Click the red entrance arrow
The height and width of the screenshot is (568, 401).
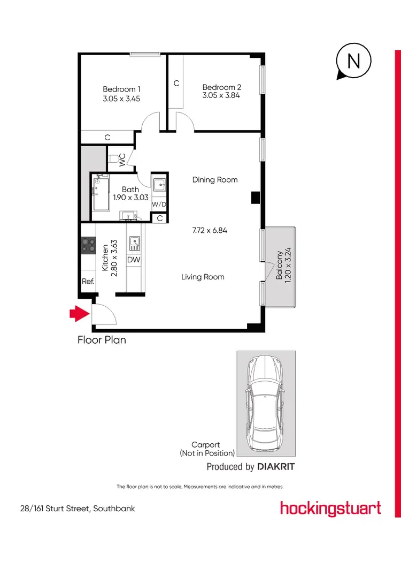(x=79, y=314)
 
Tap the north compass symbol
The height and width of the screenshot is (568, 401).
(x=353, y=62)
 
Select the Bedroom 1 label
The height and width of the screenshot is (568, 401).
(x=121, y=89)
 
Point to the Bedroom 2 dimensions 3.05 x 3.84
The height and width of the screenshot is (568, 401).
(x=222, y=96)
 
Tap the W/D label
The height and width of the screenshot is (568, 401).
(x=159, y=205)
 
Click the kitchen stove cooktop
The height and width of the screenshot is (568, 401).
(x=88, y=246)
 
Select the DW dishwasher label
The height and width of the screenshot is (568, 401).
(x=134, y=260)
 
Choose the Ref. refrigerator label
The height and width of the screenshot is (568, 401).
(x=88, y=282)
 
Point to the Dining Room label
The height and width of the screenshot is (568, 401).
(x=215, y=180)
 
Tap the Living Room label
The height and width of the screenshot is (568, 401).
(x=203, y=277)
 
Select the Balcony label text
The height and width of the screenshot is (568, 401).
(x=279, y=266)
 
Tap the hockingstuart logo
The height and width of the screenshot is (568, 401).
(x=330, y=508)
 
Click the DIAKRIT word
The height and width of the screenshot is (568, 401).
(x=276, y=467)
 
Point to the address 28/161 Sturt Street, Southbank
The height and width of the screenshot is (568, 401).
(x=74, y=508)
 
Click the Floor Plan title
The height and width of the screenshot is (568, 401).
(x=102, y=339)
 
